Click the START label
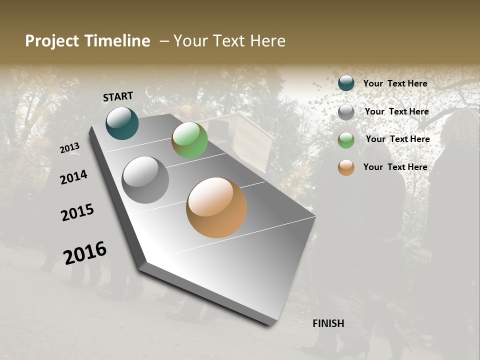[x=118, y=96]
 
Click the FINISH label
[x=328, y=323]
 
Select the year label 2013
[x=70, y=147]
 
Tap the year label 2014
[x=73, y=177]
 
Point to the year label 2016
[x=85, y=252]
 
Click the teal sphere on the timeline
[x=122, y=123]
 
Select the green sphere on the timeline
[x=189, y=140]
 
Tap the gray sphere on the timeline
[x=145, y=180]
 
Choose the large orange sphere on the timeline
[x=216, y=207]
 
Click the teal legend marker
[x=346, y=83]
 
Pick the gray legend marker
[x=346, y=111]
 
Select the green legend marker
[x=346, y=139]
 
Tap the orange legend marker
[x=346, y=167]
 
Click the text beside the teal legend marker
[x=395, y=83]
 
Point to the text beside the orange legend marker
[x=395, y=167]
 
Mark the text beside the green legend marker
[x=397, y=139]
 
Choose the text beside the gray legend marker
[x=397, y=111]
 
